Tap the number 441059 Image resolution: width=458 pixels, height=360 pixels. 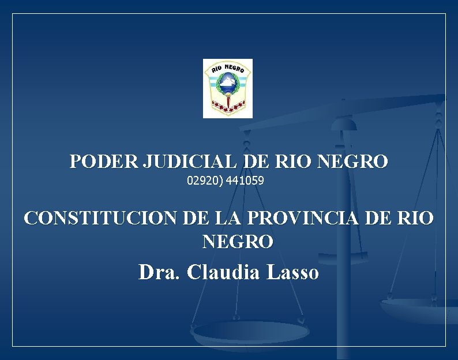click(x=245, y=181)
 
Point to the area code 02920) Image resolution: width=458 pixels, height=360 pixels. click(x=205, y=181)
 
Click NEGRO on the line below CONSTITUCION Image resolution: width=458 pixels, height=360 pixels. click(x=238, y=242)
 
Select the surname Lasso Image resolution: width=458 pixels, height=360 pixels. click(x=293, y=271)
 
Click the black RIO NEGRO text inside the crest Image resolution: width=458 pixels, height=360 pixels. click(x=228, y=70)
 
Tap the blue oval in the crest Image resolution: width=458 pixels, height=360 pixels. click(x=228, y=87)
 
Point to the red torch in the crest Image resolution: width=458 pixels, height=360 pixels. click(x=228, y=104)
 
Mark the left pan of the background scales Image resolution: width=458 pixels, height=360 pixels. click(x=250, y=333)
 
